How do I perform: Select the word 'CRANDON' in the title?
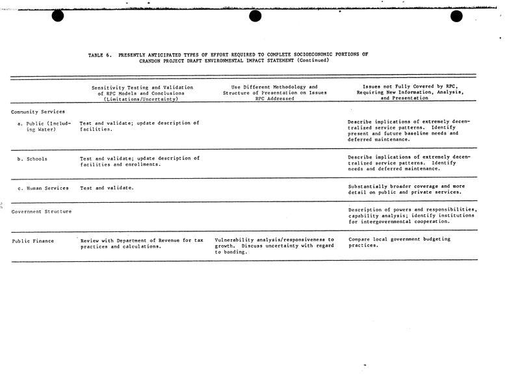pyautogui.click(x=151, y=60)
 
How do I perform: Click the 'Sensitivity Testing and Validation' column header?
pyautogui.click(x=142, y=87)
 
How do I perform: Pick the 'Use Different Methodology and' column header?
pyautogui.click(x=274, y=87)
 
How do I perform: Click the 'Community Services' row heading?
pyautogui.click(x=38, y=111)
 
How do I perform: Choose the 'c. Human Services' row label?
pyautogui.click(x=44, y=188)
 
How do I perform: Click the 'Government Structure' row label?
pyautogui.click(x=42, y=211)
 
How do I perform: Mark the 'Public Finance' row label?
pyautogui.click(x=33, y=241)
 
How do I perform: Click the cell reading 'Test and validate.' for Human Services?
pyautogui.click(x=107, y=188)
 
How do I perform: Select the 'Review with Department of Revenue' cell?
pyautogui.click(x=142, y=244)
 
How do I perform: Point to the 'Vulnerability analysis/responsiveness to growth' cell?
pyautogui.click(x=274, y=246)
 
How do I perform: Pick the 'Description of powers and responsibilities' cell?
pyautogui.click(x=413, y=215)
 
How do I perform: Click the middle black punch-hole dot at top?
pyautogui.click(x=255, y=16)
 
